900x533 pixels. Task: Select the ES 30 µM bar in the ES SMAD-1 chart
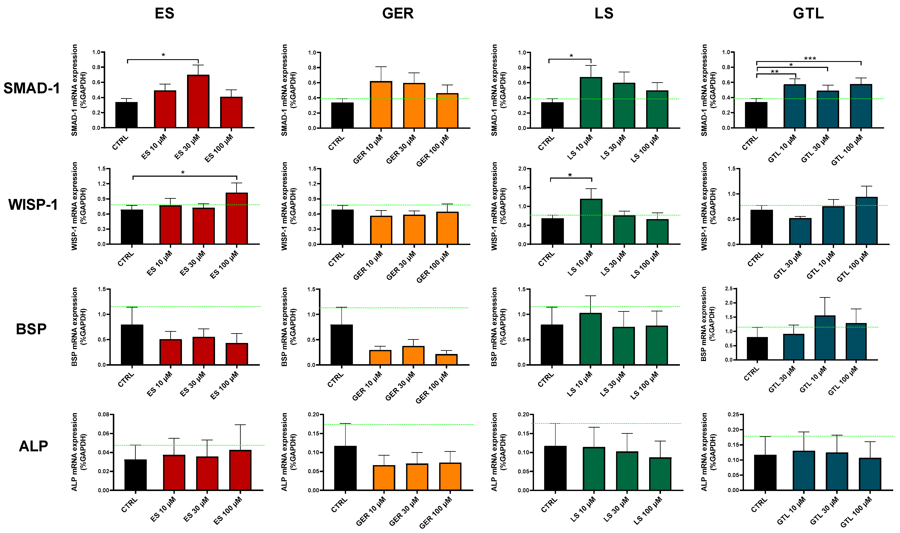198,101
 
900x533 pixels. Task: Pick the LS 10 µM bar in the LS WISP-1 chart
591,222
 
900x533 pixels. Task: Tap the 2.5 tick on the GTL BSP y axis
728,289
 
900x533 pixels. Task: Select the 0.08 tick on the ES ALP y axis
104,414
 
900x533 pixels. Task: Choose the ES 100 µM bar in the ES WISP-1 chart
237,218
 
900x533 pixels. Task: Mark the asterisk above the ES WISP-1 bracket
183,173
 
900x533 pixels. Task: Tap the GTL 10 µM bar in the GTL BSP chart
825,338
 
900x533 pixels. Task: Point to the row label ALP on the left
33,446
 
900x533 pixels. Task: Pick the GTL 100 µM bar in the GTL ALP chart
870,474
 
